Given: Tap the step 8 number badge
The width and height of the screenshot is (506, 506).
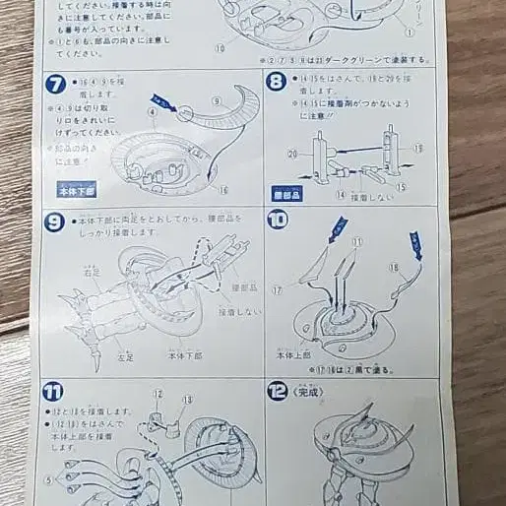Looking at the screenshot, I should click(278, 83).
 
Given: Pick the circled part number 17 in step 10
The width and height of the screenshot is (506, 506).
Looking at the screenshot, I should click(277, 289).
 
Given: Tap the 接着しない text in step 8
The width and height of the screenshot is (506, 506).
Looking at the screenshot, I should click(366, 196).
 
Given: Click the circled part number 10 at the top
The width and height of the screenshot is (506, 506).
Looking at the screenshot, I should click(219, 46).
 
